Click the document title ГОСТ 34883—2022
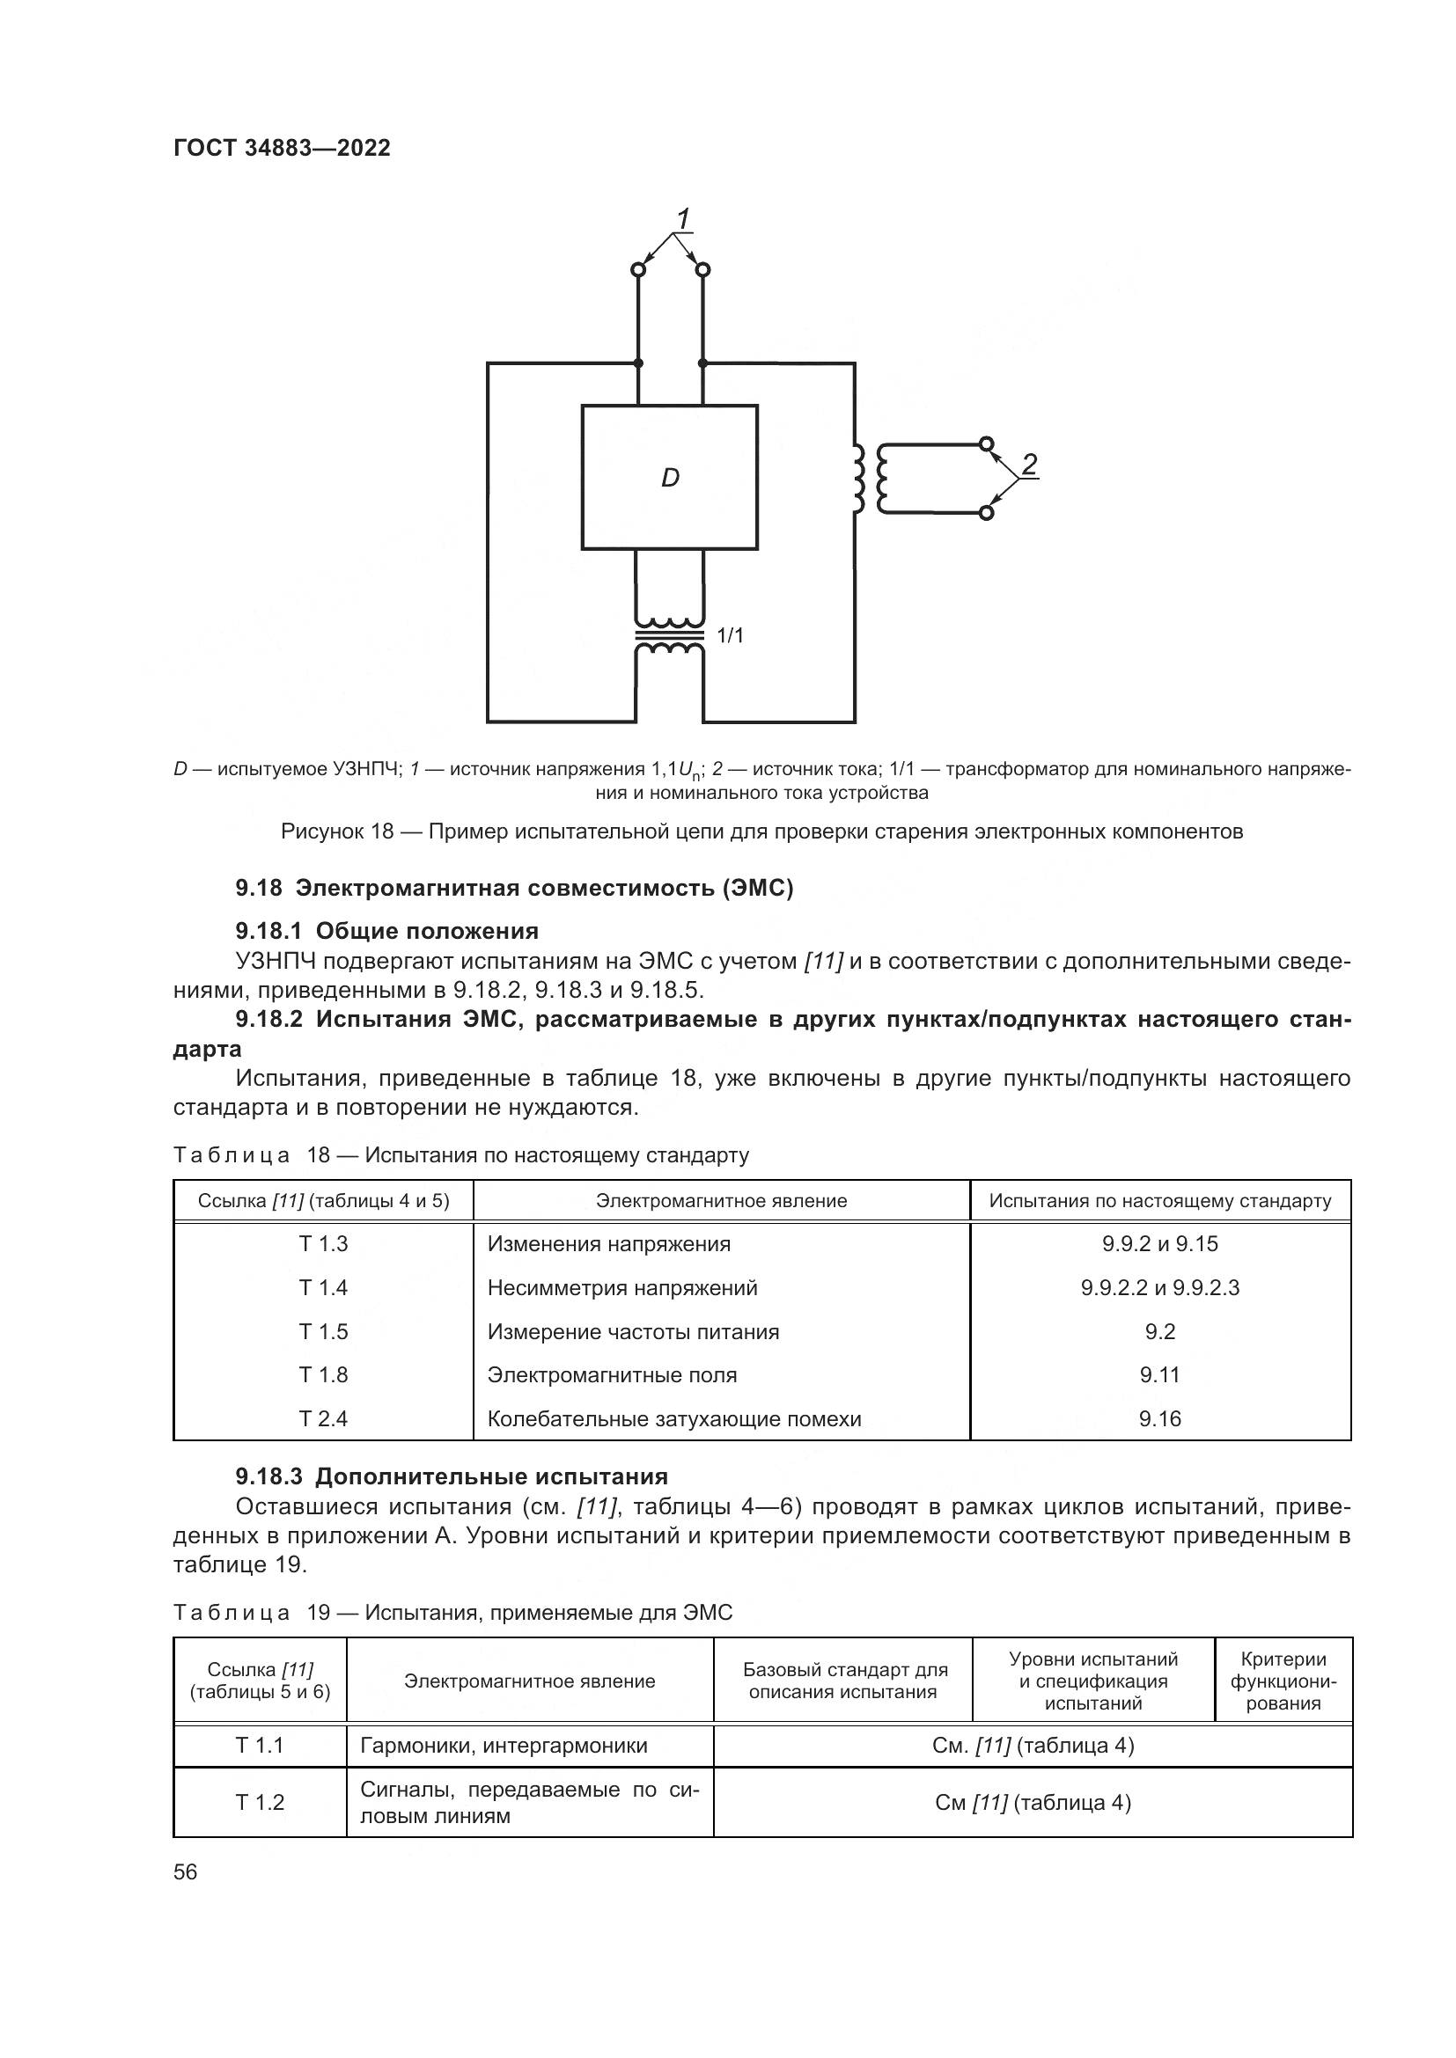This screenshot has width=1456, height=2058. (282, 148)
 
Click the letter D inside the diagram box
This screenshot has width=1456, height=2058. (670, 479)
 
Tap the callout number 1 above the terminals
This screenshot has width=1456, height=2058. (683, 218)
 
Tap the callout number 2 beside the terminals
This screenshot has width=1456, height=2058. (1029, 465)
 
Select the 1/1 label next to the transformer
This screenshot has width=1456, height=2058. (731, 635)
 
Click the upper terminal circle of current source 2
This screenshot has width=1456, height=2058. (986, 443)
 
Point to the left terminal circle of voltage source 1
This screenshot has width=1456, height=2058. (638, 269)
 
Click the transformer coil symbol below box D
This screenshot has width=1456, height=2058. (670, 636)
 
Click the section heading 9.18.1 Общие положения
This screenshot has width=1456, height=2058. (386, 930)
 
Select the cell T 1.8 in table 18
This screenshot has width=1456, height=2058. (323, 1375)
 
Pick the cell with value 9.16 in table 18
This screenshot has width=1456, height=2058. (1160, 1419)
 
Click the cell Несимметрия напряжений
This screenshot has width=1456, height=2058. (622, 1288)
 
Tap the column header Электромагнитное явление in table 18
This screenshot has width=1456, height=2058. (721, 1201)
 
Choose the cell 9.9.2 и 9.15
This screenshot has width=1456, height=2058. (1160, 1244)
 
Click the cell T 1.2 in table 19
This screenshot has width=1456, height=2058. (260, 1803)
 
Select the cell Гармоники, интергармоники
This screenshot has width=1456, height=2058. (504, 1745)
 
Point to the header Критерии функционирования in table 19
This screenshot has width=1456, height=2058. (1283, 1681)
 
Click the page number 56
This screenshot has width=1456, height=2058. (186, 1871)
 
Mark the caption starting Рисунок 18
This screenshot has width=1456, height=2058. (761, 831)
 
